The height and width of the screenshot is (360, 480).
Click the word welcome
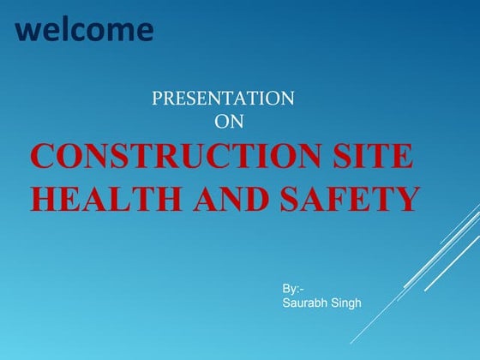pyautogui.click(x=85, y=30)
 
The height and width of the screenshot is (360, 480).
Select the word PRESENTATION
pyautogui.click(x=223, y=99)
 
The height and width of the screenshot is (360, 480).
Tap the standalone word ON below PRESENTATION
pyautogui.click(x=229, y=122)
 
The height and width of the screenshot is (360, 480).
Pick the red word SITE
pyautogui.click(x=375, y=159)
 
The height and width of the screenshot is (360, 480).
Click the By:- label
pyautogui.click(x=292, y=290)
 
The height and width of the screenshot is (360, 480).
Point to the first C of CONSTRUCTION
pyautogui.click(x=44, y=159)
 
